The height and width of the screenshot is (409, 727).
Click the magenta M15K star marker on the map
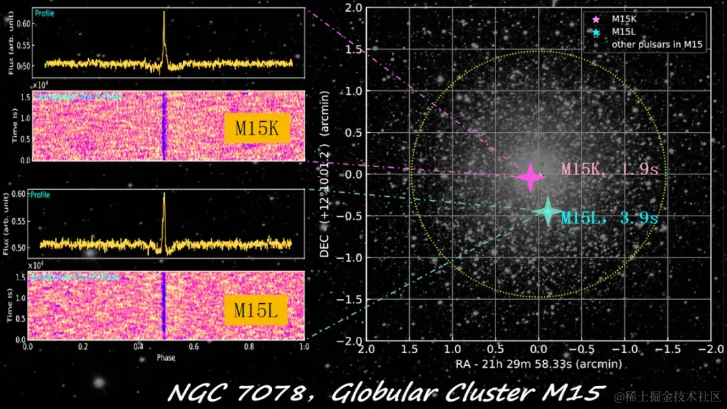point(530,177)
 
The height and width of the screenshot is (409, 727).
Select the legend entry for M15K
point(622,20)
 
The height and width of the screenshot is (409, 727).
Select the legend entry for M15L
point(622,32)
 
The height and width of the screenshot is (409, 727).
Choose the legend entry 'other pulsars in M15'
point(656,44)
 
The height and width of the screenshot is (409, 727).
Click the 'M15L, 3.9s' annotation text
point(609,218)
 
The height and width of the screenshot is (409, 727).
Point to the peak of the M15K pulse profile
point(164,13)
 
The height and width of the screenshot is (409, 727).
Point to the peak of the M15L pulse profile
point(164,194)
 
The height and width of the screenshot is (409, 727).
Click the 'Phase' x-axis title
point(166,357)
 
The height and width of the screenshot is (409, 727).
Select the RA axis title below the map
point(538,364)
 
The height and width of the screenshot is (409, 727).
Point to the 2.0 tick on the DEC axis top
point(353,7)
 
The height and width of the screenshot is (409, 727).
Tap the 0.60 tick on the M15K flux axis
point(24,24)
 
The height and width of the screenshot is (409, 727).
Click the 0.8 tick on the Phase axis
point(249,347)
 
